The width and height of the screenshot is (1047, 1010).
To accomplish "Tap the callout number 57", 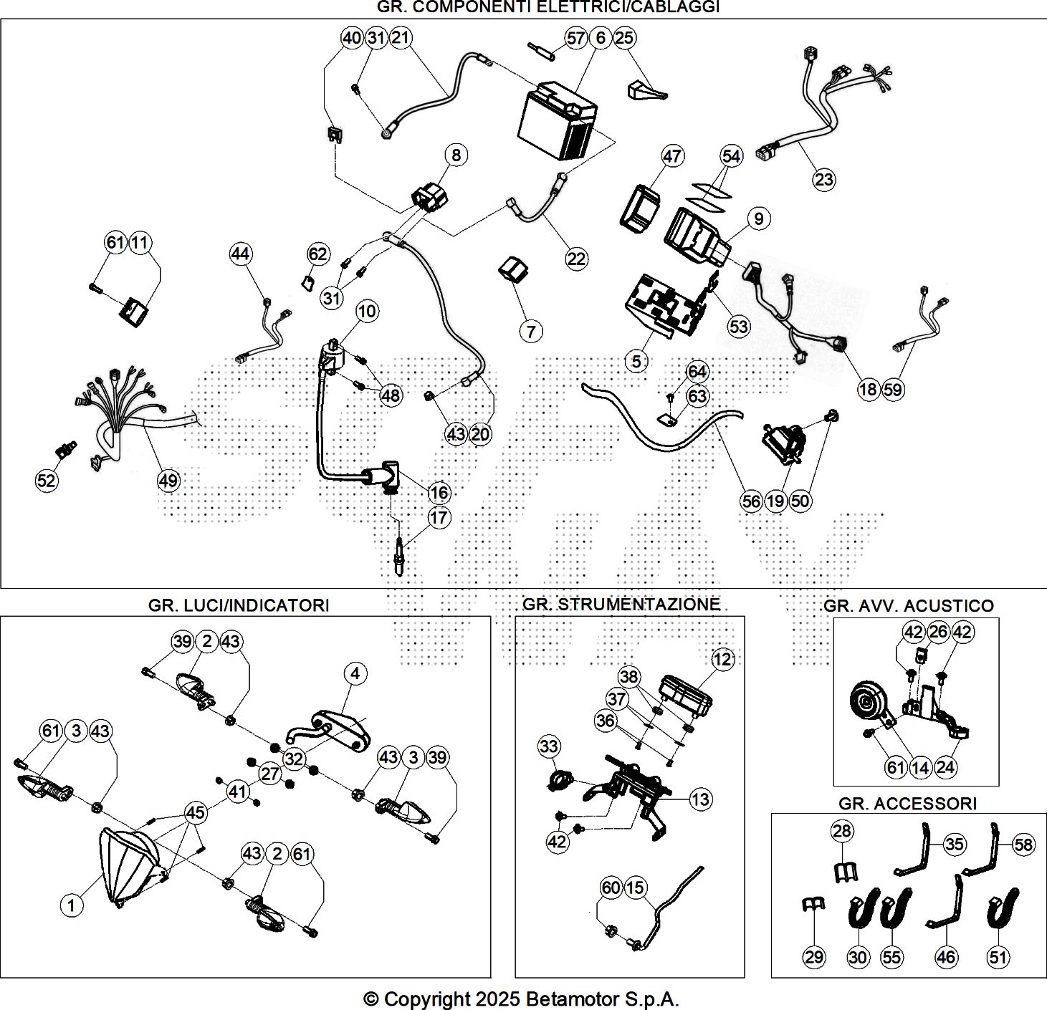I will (576, 38).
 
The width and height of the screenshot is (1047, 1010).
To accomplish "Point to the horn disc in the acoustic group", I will (868, 704).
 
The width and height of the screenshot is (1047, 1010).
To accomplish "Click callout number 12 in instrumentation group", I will (722, 659).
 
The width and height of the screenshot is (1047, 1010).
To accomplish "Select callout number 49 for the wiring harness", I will (168, 480).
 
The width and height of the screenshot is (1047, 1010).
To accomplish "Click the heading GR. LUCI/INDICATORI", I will (239, 605).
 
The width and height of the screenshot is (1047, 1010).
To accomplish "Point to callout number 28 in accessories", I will (842, 831).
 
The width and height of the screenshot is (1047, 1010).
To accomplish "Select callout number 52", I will (46, 480).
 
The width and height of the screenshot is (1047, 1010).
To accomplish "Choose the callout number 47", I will (672, 155).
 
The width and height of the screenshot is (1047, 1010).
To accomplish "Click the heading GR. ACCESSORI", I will (907, 804).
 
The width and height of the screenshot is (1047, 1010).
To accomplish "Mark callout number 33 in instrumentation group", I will (549, 746).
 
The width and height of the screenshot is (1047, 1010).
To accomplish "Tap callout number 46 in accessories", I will (946, 956).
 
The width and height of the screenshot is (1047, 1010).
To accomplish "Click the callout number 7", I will (531, 331).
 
